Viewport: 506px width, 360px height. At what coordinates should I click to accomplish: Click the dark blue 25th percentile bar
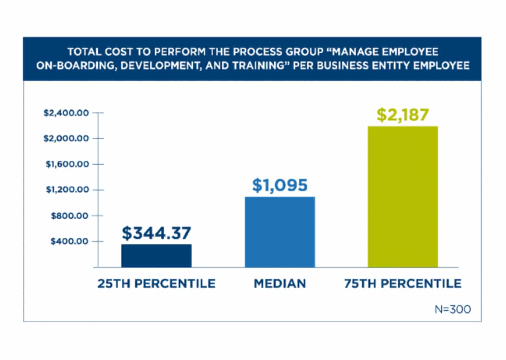click(x=156, y=256)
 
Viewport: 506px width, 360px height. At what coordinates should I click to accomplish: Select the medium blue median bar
click(x=280, y=232)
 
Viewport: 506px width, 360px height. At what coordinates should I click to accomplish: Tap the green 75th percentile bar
click(x=403, y=197)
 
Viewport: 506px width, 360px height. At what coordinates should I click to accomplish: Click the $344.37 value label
click(x=156, y=233)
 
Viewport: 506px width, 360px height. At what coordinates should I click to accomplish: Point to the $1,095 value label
click(x=280, y=185)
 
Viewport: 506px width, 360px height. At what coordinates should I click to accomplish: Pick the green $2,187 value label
click(x=403, y=115)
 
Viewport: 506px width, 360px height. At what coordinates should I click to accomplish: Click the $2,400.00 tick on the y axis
click(x=66, y=113)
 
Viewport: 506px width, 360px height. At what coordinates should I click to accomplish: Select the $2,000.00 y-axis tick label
click(x=66, y=139)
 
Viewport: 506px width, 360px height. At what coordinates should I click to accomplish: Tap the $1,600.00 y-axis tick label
click(x=67, y=164)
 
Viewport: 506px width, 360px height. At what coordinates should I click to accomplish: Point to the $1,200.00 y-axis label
click(x=67, y=190)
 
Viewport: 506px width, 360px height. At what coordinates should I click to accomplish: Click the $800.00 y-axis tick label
click(x=70, y=216)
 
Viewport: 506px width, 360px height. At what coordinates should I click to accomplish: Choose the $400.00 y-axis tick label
click(x=70, y=241)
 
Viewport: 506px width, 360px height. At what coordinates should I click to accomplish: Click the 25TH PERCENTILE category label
click(x=156, y=283)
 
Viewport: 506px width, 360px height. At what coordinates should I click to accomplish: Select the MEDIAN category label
click(x=280, y=283)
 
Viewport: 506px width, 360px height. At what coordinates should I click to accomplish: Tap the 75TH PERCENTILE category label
click(x=403, y=283)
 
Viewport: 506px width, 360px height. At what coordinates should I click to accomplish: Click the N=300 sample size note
click(x=453, y=309)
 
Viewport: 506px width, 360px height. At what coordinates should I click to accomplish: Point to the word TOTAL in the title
click(x=83, y=52)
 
